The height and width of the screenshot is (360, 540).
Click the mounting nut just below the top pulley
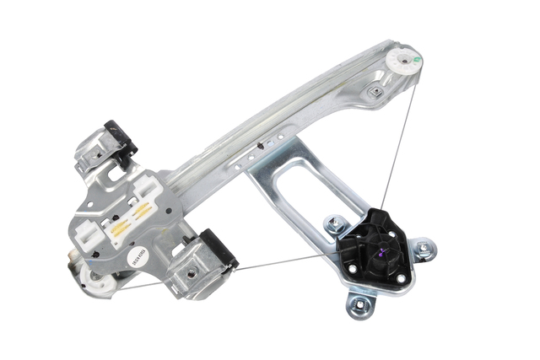pyautogui.click(x=374, y=92)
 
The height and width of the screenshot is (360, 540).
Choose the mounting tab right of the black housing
pyautogui.click(x=423, y=249)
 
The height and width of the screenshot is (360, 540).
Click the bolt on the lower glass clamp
pyautogui.click(x=193, y=272)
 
